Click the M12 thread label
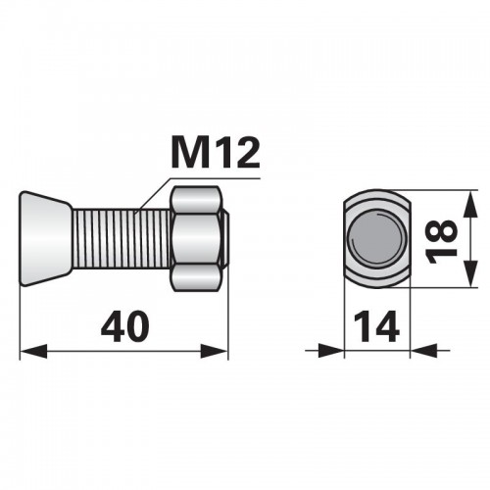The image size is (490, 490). (x=216, y=153)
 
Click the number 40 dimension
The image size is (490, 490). (x=125, y=326)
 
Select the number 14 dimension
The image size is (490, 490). (x=376, y=326)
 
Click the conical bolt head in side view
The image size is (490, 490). (x=45, y=238)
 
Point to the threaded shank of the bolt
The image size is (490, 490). (x=122, y=238)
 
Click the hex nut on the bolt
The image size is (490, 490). (x=195, y=238)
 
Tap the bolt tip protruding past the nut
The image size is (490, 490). (x=225, y=238)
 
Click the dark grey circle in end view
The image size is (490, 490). (x=376, y=237)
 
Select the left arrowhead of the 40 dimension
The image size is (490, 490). (x=33, y=351)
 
